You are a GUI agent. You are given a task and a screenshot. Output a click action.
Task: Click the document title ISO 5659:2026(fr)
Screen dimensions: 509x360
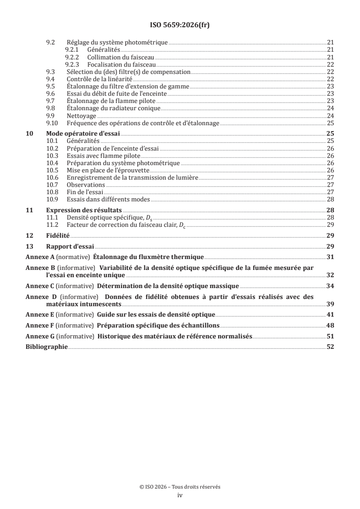coord(180,25)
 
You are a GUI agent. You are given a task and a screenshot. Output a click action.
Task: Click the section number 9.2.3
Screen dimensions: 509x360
coord(72,64)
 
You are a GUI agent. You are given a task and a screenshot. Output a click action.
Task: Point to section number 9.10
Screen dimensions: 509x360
coord(53,123)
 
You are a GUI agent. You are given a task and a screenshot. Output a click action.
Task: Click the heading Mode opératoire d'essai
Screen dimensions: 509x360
coord(84,134)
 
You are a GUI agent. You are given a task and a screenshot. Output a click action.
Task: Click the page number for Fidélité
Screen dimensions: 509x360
coord(330,235)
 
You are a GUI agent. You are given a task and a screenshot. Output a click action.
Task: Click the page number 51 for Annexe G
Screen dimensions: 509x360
coord(330,336)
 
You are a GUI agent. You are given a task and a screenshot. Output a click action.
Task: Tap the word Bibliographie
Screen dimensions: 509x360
coord(46,347)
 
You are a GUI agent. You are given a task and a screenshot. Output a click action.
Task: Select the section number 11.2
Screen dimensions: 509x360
coord(53,225)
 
